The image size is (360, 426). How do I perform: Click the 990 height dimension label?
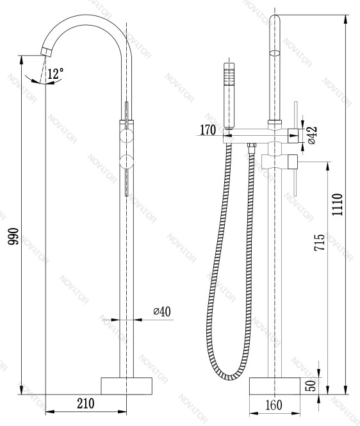coord(13,236)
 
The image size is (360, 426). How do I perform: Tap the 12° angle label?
coord(56,74)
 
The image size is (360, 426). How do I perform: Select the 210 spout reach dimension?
coord(86,403)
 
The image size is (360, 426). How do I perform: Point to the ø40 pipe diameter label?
coord(162,311)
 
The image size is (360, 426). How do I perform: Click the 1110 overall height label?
coord(337,204)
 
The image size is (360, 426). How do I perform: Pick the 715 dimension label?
coord(320,242)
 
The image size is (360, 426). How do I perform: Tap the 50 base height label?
coord(312,386)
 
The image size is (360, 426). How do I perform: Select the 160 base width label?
coord(274,406)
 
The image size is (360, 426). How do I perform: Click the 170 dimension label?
coord(208,129)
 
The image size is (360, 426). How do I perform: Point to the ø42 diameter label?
coord(312,135)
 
